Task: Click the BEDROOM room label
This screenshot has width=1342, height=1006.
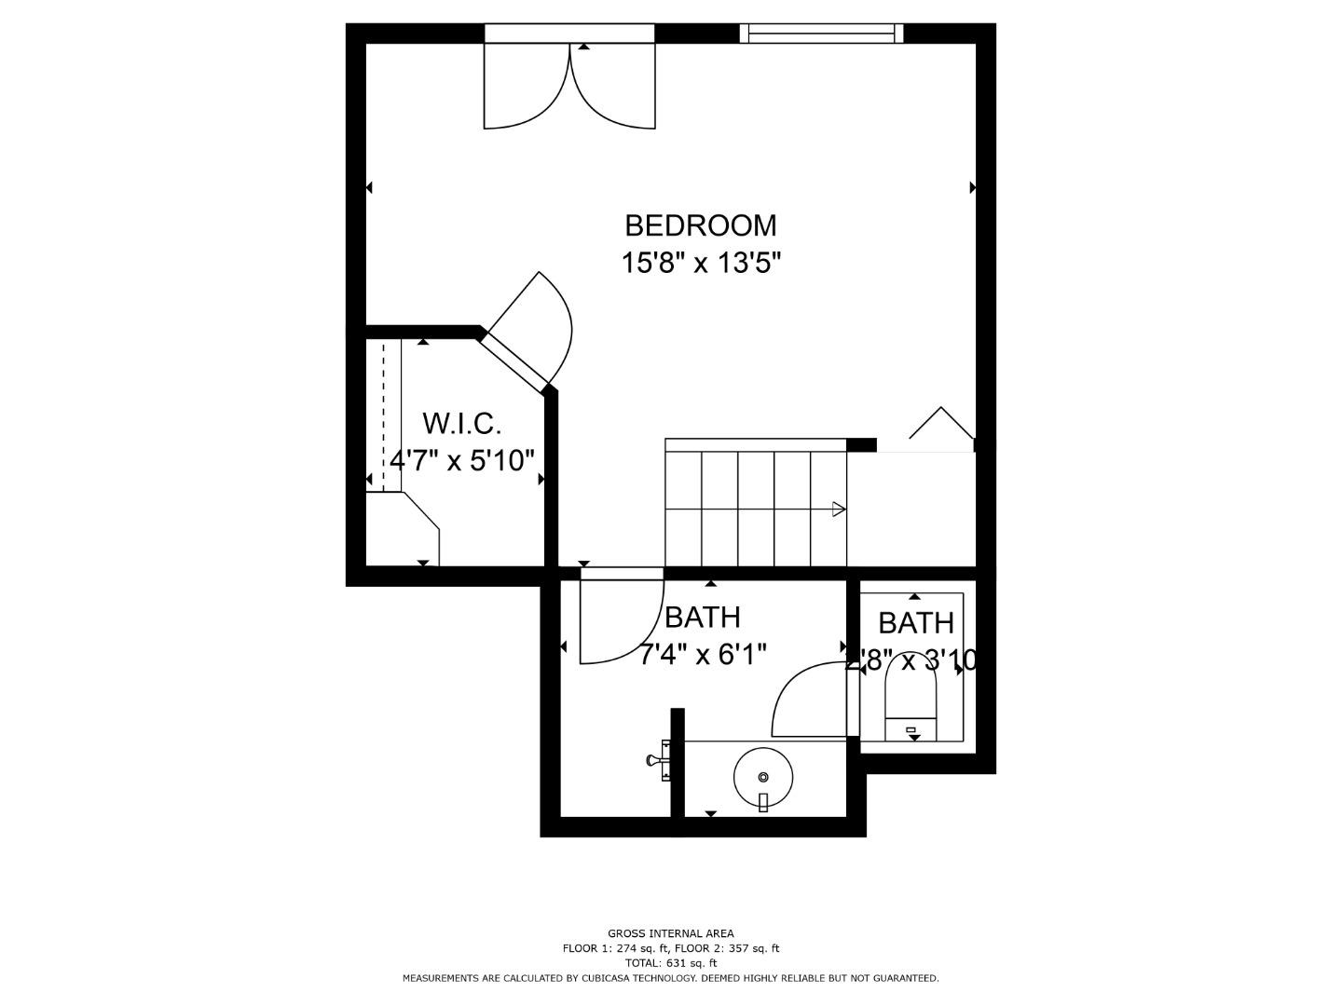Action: pos(700,225)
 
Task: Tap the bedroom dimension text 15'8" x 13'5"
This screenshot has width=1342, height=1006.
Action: pos(700,264)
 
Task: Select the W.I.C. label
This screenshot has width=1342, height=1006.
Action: pos(462,424)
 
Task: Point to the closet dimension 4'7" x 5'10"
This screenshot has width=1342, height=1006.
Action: pos(462,460)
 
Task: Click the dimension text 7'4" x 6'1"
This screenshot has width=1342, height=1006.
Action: pos(703,655)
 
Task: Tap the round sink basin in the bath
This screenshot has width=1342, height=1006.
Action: pos(763,776)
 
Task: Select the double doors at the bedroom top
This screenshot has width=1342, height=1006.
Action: pos(569,86)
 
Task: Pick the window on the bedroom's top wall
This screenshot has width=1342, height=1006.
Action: pos(821,34)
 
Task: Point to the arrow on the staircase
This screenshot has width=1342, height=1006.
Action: pos(838,509)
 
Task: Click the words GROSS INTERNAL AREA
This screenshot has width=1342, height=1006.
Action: pos(670,933)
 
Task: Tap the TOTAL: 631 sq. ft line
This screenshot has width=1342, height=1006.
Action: pos(670,963)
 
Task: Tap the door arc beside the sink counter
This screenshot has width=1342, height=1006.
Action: pos(807,699)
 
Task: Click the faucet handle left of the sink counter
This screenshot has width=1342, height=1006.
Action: pos(652,760)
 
